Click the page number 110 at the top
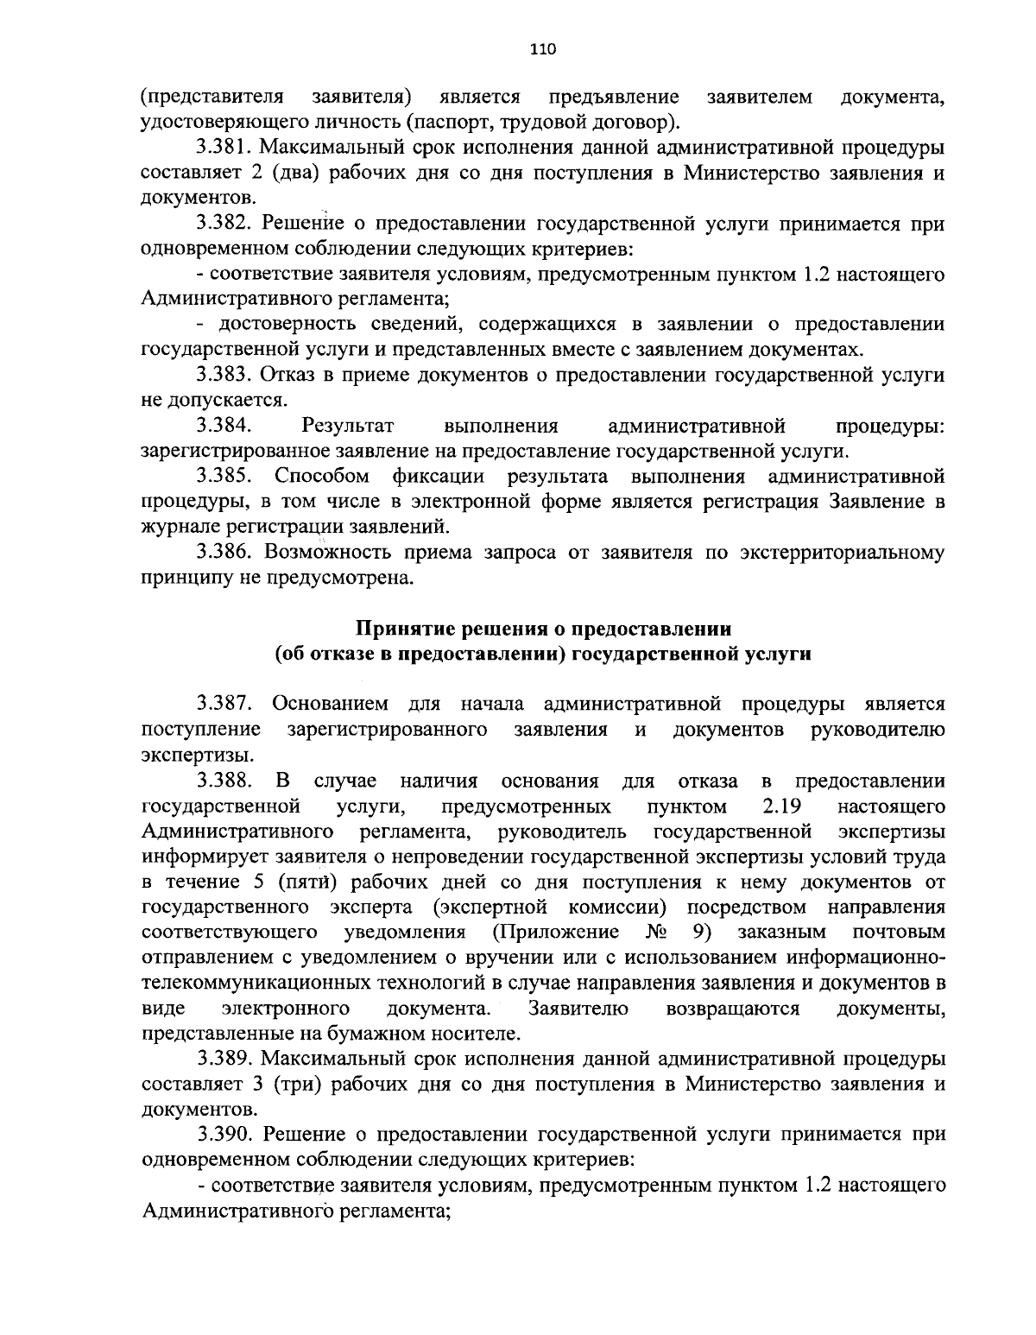543,49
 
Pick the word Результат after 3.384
348,426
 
